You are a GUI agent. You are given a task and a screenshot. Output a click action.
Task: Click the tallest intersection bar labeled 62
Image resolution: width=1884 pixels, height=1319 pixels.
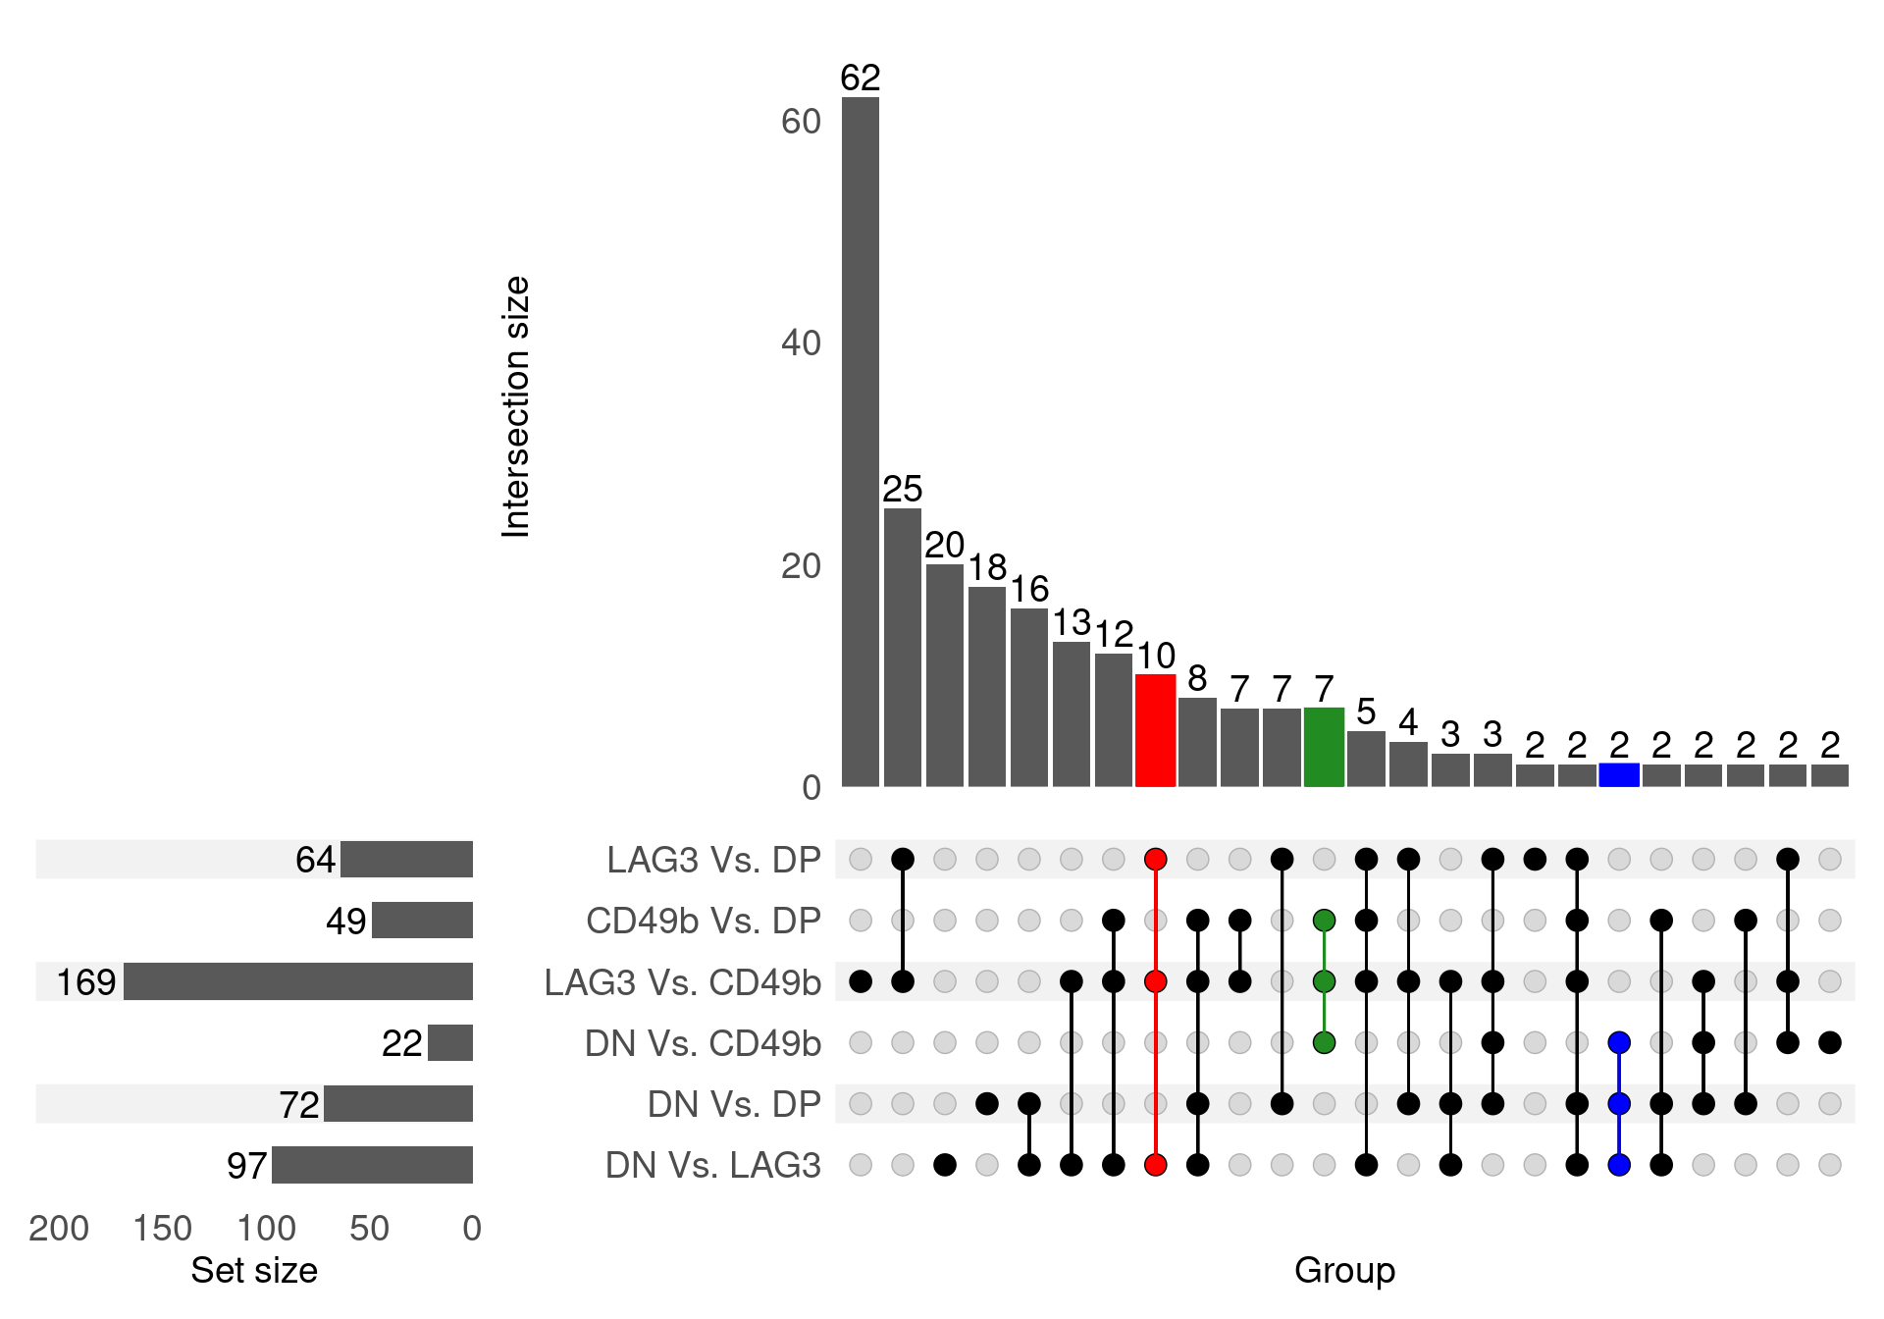860,442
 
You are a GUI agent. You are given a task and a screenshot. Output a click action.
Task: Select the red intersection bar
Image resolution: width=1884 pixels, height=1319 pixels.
1155,730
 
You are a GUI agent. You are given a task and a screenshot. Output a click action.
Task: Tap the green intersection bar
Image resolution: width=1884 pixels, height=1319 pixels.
1324,747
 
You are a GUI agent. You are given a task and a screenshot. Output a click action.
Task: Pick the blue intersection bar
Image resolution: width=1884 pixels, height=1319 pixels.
1619,774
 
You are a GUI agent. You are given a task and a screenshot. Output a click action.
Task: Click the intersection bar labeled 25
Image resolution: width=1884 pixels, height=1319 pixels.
902,647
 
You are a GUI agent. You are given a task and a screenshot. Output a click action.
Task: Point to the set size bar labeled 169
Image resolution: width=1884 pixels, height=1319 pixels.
297,981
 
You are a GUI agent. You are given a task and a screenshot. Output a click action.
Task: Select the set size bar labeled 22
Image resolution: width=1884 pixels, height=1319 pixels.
449,1042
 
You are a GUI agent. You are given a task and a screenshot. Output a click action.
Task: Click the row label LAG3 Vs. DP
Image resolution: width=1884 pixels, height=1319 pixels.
712,860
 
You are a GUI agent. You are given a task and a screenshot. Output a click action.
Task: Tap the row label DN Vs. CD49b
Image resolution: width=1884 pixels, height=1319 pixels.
702,1043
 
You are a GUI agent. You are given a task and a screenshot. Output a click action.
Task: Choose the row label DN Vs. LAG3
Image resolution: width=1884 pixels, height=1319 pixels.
712,1165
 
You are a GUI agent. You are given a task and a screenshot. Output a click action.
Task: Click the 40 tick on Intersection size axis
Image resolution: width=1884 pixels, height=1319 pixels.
801,343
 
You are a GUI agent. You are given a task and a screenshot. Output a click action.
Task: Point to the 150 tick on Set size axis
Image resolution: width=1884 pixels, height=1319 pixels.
163,1229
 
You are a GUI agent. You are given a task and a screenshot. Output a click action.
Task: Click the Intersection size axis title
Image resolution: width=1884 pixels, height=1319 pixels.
516,406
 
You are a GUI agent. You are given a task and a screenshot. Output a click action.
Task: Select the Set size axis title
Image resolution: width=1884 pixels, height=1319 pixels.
254,1271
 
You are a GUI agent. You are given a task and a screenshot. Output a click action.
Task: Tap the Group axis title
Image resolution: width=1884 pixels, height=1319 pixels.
1344,1270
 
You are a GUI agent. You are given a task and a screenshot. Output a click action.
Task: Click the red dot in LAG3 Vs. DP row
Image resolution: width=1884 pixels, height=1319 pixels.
1155,860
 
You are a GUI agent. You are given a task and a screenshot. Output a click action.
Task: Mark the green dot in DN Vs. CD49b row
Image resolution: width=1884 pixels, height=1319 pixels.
1324,1042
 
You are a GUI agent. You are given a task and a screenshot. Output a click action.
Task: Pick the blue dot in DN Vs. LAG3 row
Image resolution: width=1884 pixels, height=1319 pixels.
1619,1165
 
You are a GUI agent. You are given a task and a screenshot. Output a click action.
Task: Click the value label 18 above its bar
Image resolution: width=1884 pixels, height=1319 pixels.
987,567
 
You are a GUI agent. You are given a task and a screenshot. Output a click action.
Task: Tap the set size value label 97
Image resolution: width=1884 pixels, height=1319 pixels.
246,1166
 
